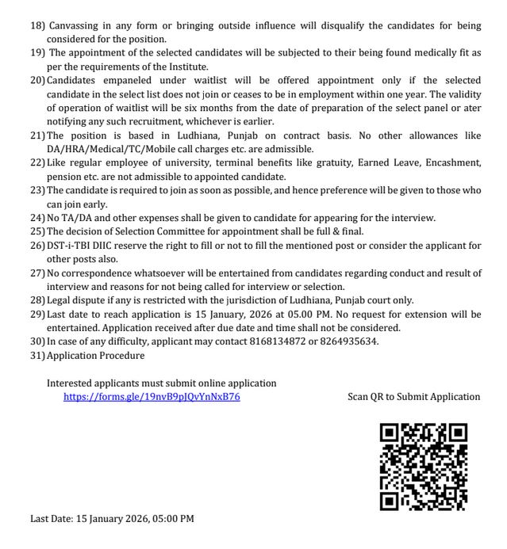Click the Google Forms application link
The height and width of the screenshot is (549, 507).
[x=152, y=396]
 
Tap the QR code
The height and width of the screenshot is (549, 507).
[x=423, y=466]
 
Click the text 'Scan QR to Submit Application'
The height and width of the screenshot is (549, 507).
[x=413, y=396]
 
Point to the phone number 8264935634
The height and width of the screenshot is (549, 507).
[x=351, y=341]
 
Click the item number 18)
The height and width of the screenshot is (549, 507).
[x=37, y=26]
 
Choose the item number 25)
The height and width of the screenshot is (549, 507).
[x=37, y=231]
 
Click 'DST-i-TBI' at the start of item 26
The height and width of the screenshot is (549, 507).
[x=74, y=245]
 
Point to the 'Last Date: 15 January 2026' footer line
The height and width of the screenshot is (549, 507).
[x=112, y=519]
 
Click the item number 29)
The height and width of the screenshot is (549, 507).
[x=37, y=313]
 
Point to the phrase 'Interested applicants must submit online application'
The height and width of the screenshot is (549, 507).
[x=162, y=383]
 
